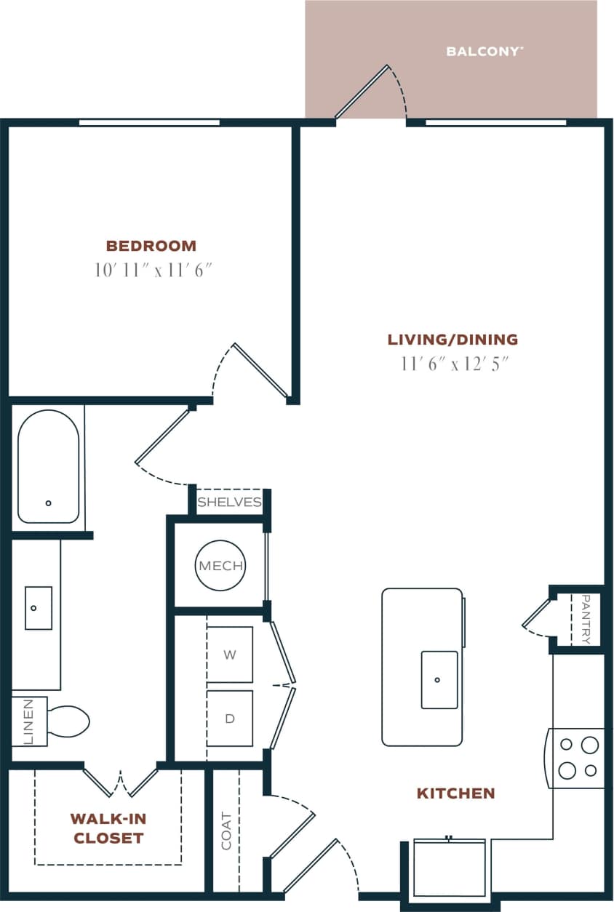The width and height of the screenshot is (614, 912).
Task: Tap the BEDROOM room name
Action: click(151, 246)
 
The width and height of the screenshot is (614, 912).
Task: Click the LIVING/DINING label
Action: click(452, 339)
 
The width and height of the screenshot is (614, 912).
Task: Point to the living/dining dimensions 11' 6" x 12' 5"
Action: click(453, 364)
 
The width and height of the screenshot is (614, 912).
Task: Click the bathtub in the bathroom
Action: click(48, 466)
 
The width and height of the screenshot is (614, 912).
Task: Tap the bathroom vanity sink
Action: click(39, 608)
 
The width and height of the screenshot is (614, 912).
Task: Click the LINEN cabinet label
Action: click(28, 721)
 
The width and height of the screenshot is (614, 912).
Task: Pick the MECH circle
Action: click(220, 565)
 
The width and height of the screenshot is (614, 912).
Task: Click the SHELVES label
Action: click(229, 503)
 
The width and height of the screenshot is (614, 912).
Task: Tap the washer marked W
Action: click(230, 655)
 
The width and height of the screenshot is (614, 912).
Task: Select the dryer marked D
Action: click(230, 719)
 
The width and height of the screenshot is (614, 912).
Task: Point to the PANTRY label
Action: click(586, 620)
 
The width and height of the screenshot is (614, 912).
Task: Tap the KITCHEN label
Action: click(455, 793)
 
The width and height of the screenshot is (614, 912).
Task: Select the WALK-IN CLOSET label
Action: click(108, 828)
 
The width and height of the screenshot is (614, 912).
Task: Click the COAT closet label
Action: click(226, 831)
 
